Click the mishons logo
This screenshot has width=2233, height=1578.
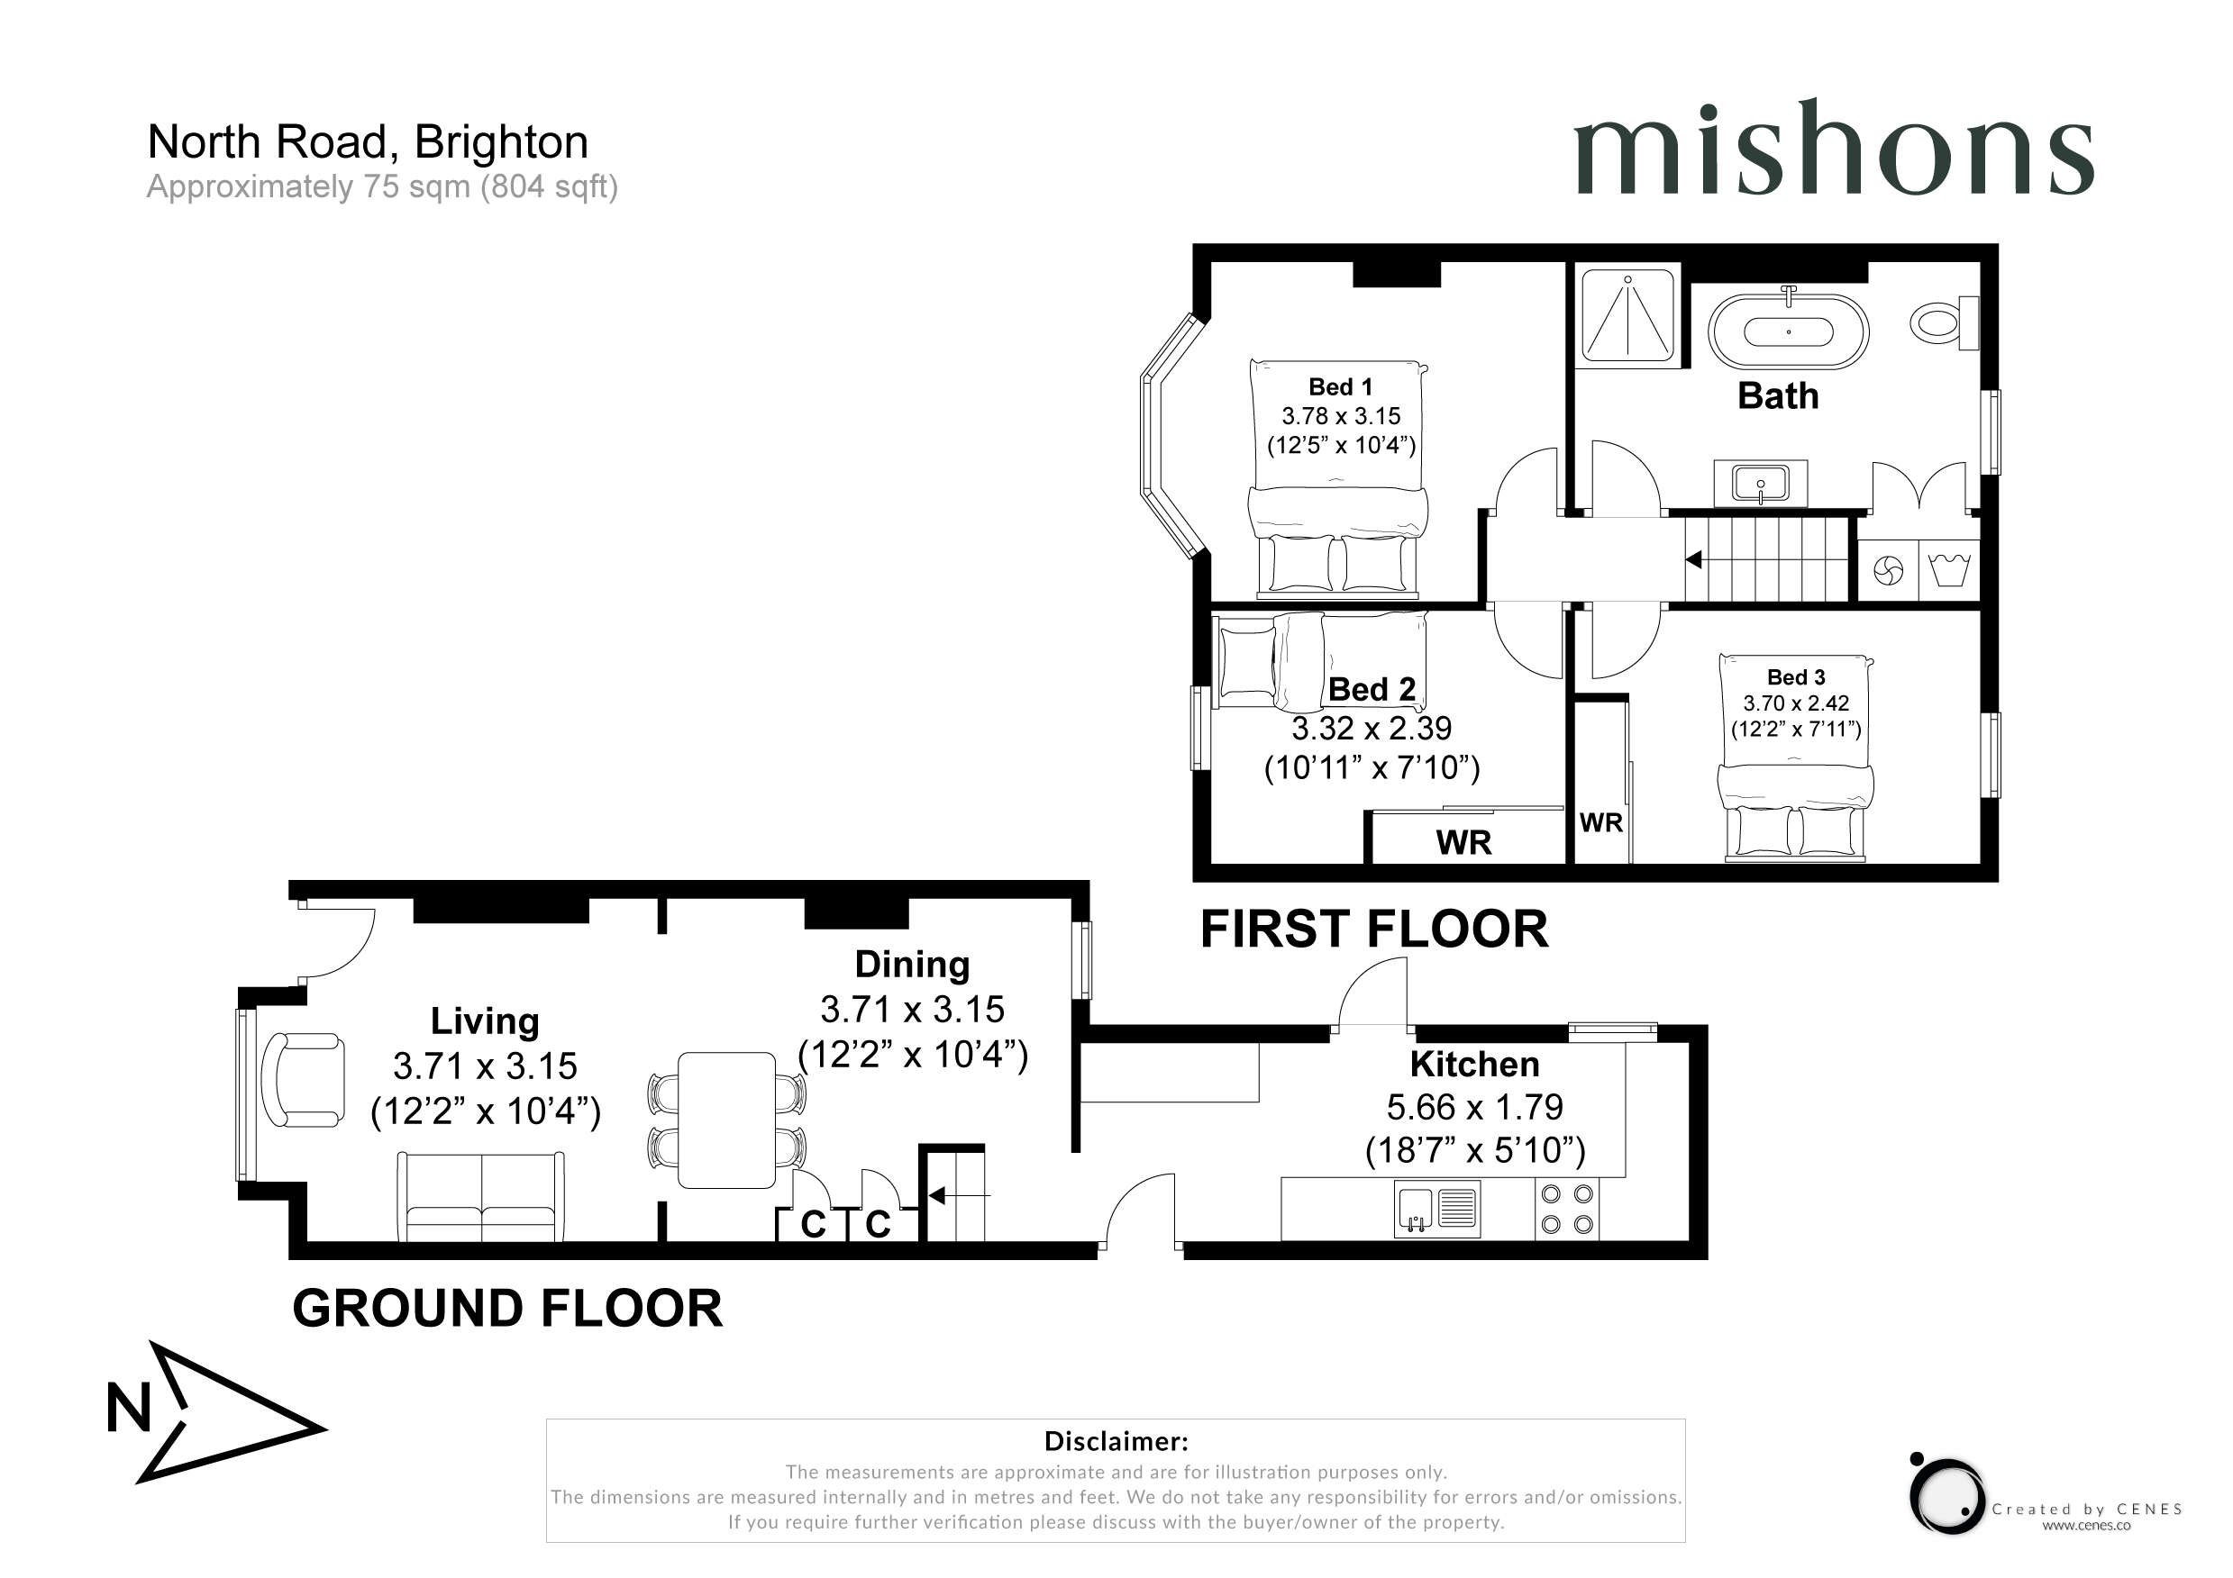coord(1833,148)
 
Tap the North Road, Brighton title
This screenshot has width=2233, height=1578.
coord(368,142)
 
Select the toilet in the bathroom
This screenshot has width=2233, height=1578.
coord(1944,322)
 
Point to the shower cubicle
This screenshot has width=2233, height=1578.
coord(1627,316)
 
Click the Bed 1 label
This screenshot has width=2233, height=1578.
coord(1340,387)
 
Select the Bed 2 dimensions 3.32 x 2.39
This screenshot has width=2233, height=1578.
coord(1372,729)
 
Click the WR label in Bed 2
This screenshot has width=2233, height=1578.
coord(1463,842)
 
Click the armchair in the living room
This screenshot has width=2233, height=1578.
coord(305,1080)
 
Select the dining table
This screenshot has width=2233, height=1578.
coord(726,1120)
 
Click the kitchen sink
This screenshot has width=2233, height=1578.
coord(1437,1209)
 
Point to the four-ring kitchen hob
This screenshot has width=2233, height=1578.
coord(1567,1209)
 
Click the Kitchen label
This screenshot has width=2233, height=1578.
coord(1474,1065)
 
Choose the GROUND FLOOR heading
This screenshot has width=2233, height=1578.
coord(507,1309)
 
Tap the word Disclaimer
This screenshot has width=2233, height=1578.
coord(1116,1441)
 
